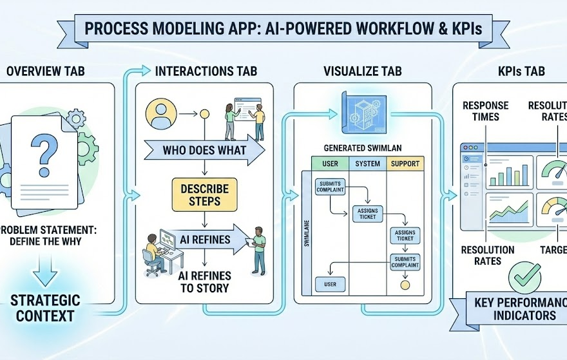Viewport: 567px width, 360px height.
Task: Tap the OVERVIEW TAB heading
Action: (44, 71)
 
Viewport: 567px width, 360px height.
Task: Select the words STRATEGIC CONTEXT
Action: (45, 308)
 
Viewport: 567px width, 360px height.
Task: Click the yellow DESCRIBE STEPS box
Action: (204, 194)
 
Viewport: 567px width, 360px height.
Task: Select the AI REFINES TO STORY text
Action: (204, 281)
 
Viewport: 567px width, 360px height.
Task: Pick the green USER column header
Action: (330, 164)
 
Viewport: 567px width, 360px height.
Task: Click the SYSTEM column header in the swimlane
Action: (367, 164)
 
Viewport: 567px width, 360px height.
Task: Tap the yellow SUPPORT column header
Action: (405, 164)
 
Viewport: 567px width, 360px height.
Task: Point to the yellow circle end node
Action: (405, 283)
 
